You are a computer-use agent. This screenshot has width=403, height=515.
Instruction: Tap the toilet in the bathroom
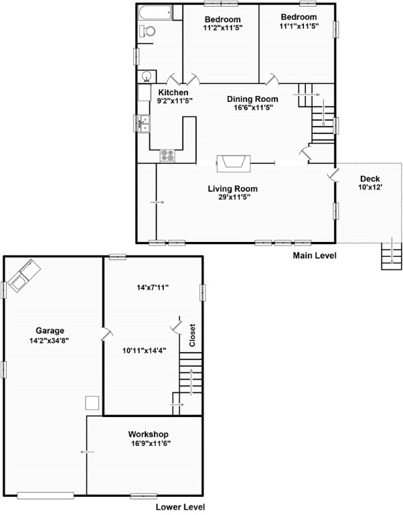[x=148, y=31]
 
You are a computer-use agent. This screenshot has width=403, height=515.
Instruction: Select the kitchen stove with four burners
[x=167, y=156]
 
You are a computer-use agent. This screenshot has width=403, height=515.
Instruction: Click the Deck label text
[x=370, y=178]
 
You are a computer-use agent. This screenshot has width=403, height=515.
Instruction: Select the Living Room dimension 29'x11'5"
[x=232, y=197]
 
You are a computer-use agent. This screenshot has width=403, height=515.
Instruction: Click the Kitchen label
[x=173, y=93]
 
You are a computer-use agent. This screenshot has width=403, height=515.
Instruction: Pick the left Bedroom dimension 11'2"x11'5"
[x=223, y=28]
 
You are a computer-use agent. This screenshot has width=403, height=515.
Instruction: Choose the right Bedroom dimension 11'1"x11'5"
[x=298, y=26]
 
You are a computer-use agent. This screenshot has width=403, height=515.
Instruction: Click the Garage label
[x=50, y=331]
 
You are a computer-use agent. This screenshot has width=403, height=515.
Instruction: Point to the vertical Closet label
[x=192, y=335]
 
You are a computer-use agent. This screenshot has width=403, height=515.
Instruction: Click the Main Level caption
[x=315, y=255]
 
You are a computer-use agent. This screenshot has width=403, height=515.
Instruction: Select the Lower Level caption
[x=180, y=507]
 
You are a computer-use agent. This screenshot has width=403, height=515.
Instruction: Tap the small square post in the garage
[x=92, y=403]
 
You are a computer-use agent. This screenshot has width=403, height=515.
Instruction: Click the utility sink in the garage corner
[x=22, y=277]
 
